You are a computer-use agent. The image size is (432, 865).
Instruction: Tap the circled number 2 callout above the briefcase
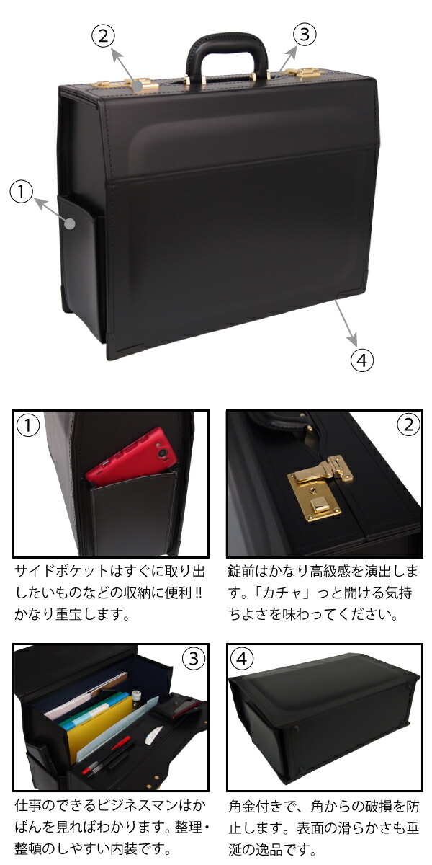click(103, 36)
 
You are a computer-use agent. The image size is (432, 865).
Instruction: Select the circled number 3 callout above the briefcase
click(305, 35)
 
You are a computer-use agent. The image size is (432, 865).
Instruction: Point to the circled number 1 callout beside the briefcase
click(21, 192)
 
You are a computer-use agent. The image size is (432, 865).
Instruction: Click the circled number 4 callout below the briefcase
click(361, 360)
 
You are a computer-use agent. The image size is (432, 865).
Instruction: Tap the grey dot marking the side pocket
click(69, 223)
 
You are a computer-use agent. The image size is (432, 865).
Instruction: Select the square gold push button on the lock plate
click(320, 505)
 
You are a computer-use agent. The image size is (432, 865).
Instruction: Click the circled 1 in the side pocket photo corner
click(28, 425)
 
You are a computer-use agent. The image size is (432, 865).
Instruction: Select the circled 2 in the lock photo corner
click(408, 425)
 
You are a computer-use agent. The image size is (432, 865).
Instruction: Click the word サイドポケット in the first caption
click(62, 571)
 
